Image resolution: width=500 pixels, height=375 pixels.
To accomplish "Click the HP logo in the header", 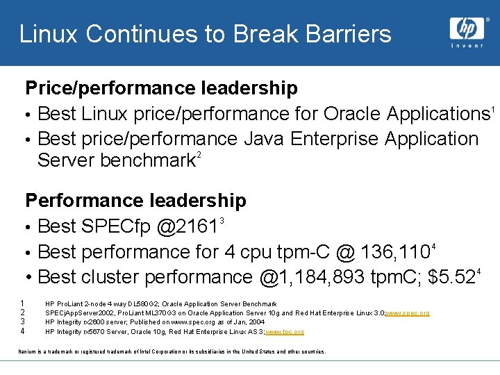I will point(466,28).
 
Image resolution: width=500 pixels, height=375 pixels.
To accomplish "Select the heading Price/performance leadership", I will point(161,88).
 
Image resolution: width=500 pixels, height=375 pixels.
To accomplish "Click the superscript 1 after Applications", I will point(492,108).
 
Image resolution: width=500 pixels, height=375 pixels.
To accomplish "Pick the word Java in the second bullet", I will point(265,139).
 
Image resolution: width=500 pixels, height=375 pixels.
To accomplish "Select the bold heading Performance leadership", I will point(135,201).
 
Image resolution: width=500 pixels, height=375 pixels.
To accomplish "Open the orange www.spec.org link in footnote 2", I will point(407,313).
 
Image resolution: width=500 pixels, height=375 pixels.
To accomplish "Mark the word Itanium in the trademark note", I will point(28,352).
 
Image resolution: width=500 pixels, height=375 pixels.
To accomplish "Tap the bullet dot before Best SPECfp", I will point(29,227).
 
